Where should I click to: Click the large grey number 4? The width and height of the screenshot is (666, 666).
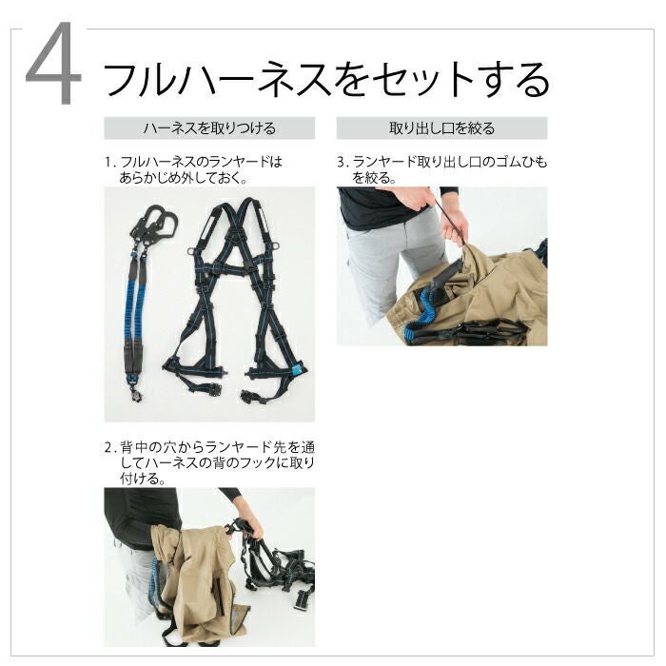point(53,63)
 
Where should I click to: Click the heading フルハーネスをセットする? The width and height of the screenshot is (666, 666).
point(325,79)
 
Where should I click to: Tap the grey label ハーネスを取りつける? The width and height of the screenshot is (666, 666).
point(209,127)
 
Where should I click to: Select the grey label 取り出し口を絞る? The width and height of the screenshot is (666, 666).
point(441,127)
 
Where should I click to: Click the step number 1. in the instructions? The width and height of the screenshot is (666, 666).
point(110,163)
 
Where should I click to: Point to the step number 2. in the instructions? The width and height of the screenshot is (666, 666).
point(110,448)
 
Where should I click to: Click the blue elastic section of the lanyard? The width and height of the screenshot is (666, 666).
point(137,309)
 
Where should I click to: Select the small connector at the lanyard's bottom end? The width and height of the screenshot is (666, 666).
point(137,393)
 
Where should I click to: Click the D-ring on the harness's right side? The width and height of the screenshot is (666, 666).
point(278,245)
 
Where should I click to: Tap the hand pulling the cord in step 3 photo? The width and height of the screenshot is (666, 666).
point(455,233)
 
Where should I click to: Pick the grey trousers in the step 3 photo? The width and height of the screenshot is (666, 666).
point(382,264)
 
